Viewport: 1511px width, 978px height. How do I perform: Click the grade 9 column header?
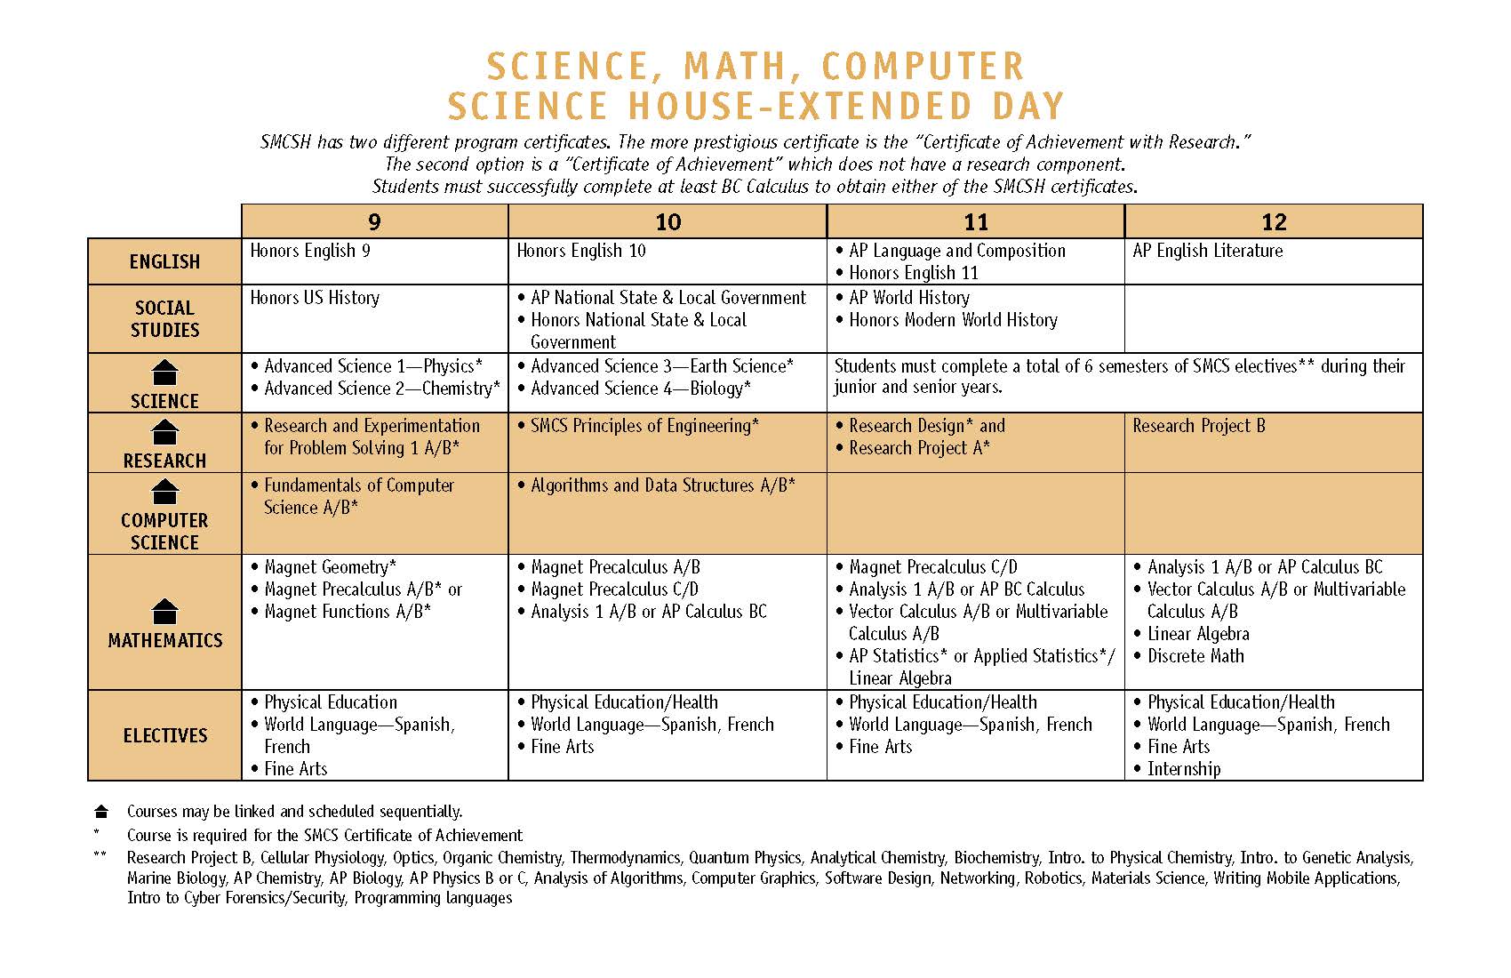click(374, 222)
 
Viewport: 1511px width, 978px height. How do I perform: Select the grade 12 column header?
click(1273, 222)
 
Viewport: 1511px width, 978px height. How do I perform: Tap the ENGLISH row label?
click(164, 261)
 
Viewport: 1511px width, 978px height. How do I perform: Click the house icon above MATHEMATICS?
click(165, 611)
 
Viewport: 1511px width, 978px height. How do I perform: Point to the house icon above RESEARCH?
click(165, 432)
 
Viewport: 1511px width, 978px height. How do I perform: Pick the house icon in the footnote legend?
click(101, 812)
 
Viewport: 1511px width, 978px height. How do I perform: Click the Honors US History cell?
click(315, 298)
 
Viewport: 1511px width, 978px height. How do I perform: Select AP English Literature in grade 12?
click(1207, 251)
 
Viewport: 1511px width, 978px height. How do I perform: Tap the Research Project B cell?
click(1198, 426)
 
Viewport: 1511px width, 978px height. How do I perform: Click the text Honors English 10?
click(581, 251)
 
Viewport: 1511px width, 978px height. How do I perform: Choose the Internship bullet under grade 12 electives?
click(1183, 769)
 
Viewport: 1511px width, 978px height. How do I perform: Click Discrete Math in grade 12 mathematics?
click(1195, 656)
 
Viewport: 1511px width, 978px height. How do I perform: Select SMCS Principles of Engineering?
click(644, 426)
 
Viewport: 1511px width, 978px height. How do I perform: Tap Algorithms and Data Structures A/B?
click(662, 485)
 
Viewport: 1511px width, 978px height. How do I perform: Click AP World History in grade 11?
click(908, 298)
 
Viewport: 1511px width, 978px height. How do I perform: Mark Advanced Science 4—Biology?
click(640, 389)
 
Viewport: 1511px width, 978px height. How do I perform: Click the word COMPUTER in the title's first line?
click(923, 67)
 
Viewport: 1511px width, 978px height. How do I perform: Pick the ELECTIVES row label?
click(164, 735)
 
